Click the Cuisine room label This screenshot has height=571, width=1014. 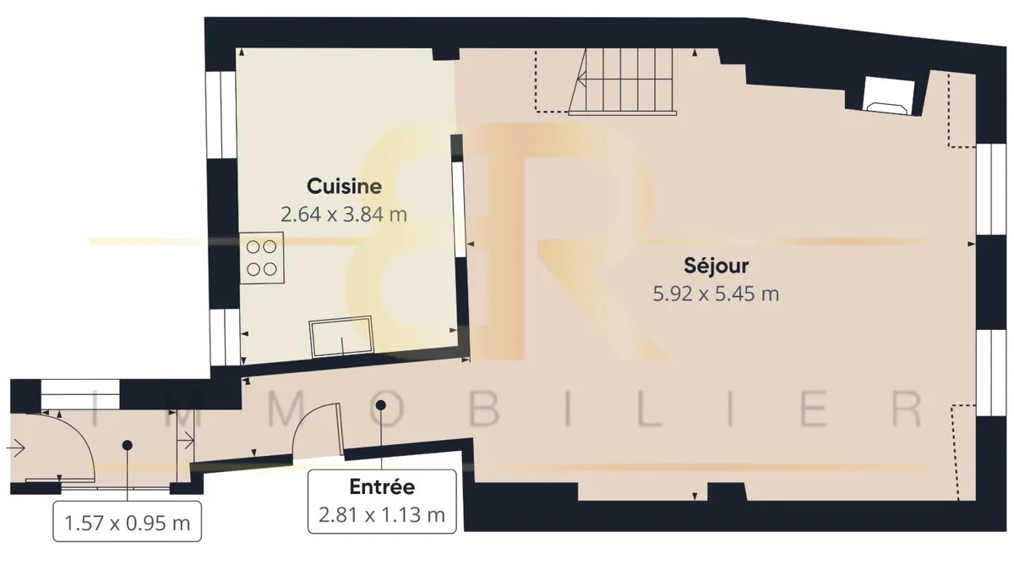coord(344,186)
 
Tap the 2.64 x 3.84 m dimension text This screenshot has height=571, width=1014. coord(344,214)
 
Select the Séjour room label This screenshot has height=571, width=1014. coord(717,266)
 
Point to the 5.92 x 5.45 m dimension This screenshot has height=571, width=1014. coord(717,294)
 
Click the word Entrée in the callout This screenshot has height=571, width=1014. coord(382,486)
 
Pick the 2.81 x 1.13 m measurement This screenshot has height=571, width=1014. coord(382,515)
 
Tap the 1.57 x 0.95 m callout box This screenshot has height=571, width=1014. coord(128,521)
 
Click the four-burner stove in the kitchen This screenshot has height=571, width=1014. coord(262,258)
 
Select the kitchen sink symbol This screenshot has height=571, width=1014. coord(341,338)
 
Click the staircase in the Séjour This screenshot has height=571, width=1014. coord(623,81)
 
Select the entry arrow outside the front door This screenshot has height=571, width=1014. coord(15,448)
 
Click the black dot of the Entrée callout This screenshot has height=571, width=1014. coord(381,404)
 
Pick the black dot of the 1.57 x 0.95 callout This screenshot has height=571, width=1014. coord(128,446)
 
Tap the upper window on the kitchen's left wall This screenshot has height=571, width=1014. coord(221,115)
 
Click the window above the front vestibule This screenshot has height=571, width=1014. coord(80,394)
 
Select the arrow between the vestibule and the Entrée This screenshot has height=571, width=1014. coord(186,440)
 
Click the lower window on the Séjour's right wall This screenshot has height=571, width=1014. coord(990,372)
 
